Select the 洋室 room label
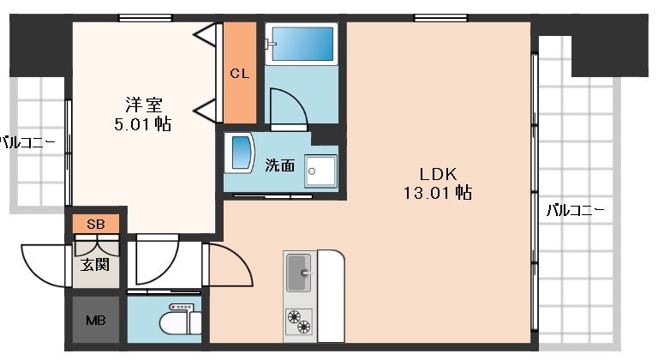point(143,105)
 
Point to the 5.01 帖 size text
point(143,124)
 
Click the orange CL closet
point(239,74)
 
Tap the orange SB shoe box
point(96,225)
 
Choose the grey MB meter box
point(96,321)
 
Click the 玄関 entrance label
point(95,264)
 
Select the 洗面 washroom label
point(279,165)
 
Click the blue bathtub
point(302,42)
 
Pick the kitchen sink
point(300,273)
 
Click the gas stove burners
point(299,321)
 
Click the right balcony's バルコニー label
point(575,209)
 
